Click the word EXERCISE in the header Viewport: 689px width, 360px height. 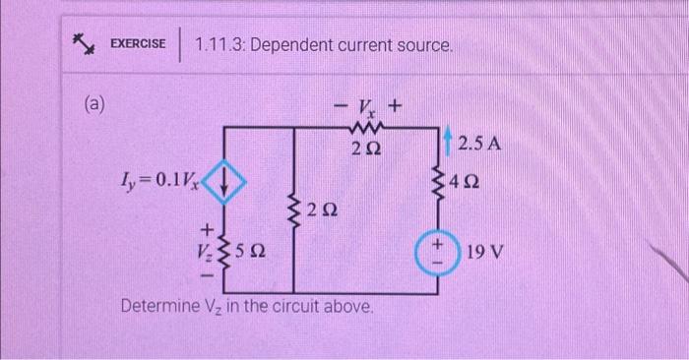tap(138, 43)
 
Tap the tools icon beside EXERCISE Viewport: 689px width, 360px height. tap(83, 44)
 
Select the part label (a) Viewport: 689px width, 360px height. tap(95, 102)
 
